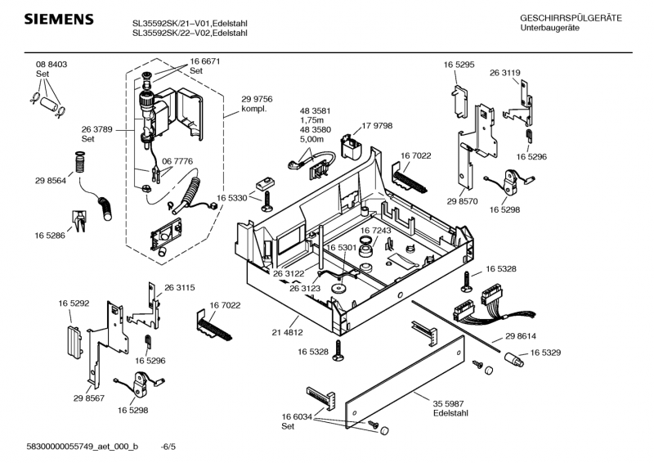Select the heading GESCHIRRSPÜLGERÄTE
point(571,18)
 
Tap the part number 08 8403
point(51,65)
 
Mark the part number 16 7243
point(376,231)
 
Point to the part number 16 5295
point(460,65)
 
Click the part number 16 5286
point(51,235)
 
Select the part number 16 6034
point(298,417)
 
